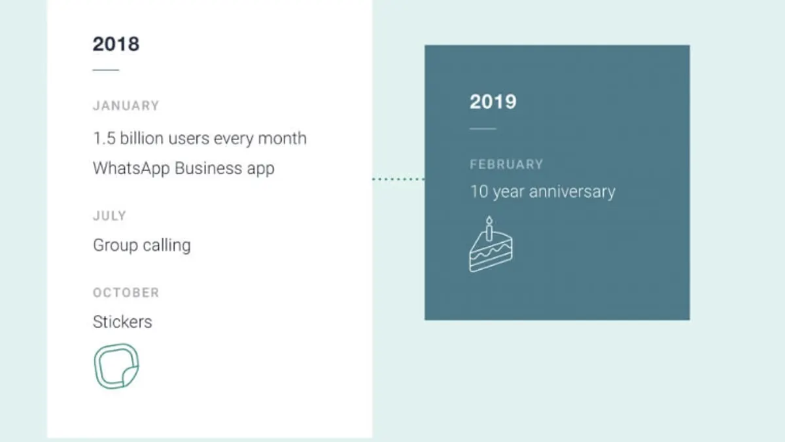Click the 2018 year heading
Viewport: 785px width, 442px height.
116,45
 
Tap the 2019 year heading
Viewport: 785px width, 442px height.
493,101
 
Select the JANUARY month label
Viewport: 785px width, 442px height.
126,105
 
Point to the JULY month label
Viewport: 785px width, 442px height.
109,215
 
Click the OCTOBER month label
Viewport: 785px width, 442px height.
126,293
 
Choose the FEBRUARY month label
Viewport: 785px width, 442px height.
506,164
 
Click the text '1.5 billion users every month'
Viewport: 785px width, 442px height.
200,138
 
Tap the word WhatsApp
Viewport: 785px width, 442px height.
131,168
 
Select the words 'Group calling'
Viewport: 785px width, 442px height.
142,245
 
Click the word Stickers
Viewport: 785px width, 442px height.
122,322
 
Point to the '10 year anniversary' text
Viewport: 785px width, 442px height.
542,191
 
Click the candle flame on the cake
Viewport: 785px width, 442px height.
489,220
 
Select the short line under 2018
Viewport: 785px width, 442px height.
106,70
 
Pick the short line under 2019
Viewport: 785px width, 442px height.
483,129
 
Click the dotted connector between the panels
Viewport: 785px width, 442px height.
398,179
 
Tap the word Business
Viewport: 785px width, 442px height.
208,168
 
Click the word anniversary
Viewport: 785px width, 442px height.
572,191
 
